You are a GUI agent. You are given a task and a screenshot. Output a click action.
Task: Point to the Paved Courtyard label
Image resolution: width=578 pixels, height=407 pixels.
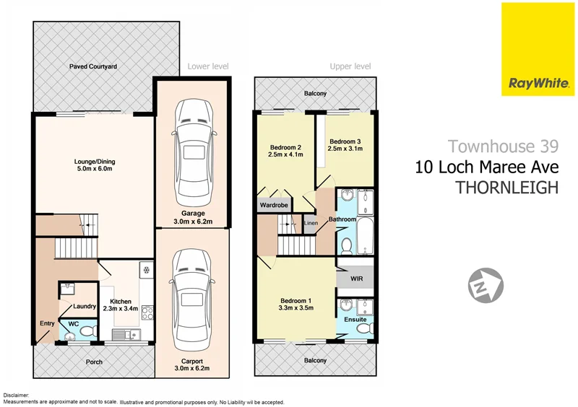(x=93, y=66)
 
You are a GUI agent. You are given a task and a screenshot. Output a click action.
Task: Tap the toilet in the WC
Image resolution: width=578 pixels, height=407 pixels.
(x=87, y=330)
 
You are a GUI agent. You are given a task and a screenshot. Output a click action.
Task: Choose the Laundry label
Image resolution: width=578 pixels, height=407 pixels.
(x=85, y=307)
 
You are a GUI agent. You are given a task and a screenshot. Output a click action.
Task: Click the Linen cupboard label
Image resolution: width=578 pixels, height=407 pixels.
(x=311, y=223)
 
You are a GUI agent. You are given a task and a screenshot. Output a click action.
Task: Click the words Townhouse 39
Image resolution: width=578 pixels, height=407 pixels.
(x=503, y=146)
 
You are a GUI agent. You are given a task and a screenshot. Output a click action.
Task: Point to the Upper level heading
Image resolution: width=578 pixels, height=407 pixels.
(x=350, y=66)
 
